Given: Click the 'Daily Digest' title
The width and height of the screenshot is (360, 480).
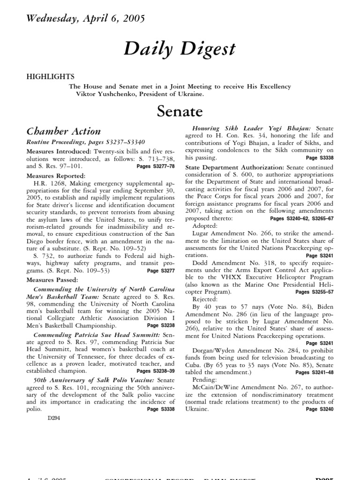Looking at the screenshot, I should [180, 49].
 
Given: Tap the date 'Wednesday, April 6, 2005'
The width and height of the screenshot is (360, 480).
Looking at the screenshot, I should [85, 19].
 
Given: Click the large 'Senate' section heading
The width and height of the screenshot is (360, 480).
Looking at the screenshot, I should [180, 112].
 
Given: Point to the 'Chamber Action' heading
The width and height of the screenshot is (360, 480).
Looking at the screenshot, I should [63, 131].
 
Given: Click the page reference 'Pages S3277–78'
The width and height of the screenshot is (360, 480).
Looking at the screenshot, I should [156, 166].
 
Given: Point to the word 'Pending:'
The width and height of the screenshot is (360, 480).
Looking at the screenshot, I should [206, 379].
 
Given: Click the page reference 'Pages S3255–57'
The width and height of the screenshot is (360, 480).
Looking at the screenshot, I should [315, 292].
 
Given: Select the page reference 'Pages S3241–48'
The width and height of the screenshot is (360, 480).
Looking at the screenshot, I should [315, 373].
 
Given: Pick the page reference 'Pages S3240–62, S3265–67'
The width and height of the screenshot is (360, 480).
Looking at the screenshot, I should [302, 219].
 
